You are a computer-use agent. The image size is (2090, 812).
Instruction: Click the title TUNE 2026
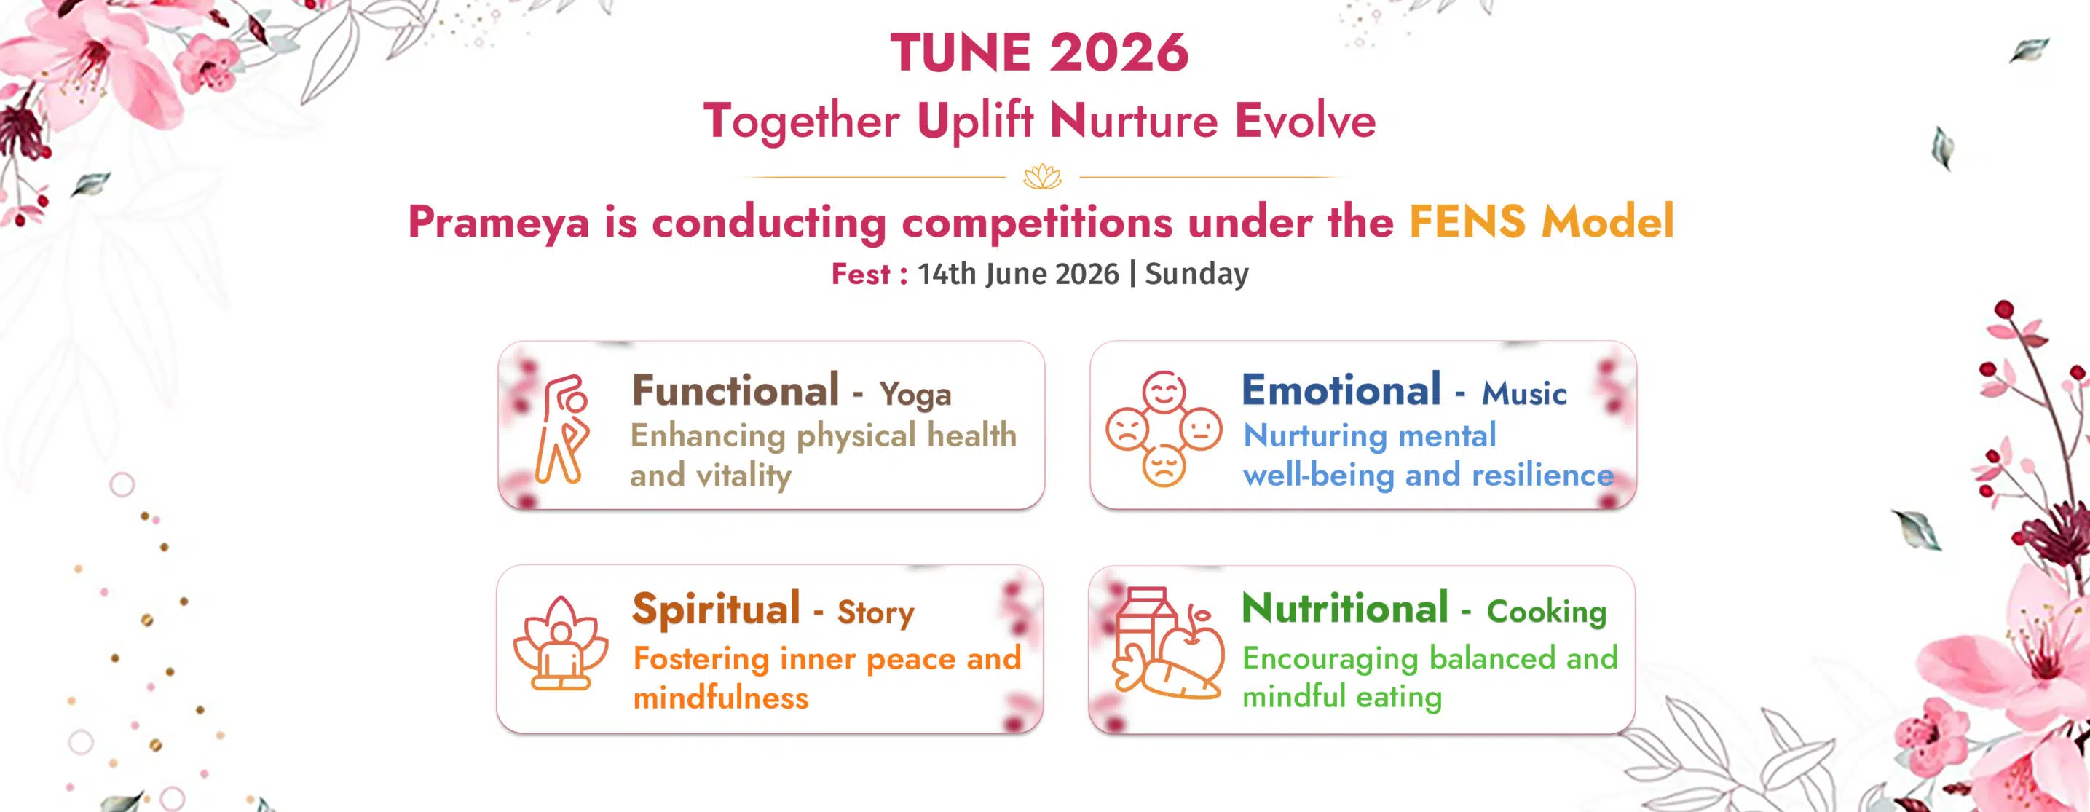pos(1039,52)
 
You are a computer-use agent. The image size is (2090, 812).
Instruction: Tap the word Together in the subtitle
pos(802,122)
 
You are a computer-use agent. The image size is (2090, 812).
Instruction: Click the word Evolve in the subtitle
pos(1306,121)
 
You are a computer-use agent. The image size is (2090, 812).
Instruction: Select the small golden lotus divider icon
pos(1043,176)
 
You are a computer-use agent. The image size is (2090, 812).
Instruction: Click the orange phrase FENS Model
pos(1542,221)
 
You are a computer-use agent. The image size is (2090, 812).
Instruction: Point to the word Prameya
pos(498,222)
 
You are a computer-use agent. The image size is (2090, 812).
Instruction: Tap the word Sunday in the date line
pos(1196,274)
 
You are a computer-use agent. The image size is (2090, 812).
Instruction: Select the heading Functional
pos(735,390)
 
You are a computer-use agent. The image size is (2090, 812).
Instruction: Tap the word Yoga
pos(915,395)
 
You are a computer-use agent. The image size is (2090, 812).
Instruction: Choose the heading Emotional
pos(1341,390)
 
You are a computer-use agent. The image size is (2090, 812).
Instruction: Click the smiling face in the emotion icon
pos(1164,393)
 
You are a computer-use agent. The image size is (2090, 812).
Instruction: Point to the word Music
pos(1524,393)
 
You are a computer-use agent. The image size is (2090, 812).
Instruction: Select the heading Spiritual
pos(717,610)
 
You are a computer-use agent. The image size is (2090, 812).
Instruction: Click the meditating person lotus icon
pos(561,643)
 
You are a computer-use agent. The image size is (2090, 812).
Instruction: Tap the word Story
pos(875,613)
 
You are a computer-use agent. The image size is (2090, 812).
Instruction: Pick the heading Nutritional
pos(1345,608)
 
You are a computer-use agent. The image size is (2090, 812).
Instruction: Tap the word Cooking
pos(1547,612)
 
